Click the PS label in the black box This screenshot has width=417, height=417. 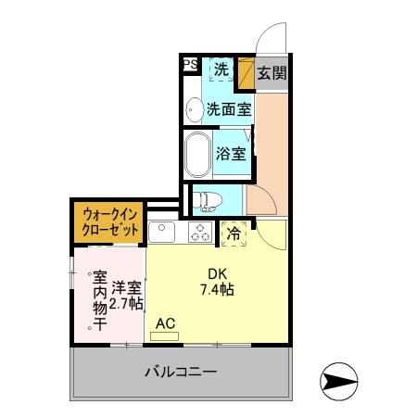click(190, 65)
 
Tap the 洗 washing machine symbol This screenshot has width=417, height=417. click(221, 69)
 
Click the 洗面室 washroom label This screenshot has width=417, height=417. click(229, 109)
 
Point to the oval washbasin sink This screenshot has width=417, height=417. click(195, 109)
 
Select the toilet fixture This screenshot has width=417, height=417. click(206, 197)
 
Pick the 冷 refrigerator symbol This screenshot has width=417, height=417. click(235, 234)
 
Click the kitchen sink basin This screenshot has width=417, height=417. click(159, 231)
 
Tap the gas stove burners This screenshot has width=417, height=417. click(200, 231)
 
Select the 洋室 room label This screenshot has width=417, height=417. click(126, 286)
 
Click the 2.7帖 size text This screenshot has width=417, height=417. click(126, 303)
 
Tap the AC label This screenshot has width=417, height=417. click(166, 323)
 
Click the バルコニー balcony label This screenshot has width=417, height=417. click(181, 373)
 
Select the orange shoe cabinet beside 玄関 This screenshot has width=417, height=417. click(246, 73)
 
